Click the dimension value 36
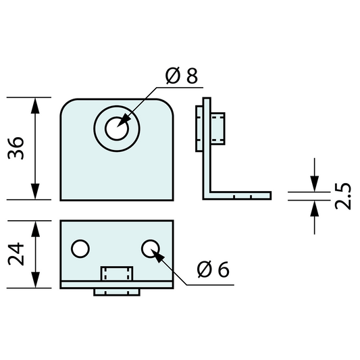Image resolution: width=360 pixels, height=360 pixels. pos(19,149)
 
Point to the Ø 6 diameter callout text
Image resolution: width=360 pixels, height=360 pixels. pos(213,269)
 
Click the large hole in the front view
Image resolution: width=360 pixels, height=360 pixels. pos(118,127)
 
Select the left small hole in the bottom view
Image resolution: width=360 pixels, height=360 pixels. pos(80,249)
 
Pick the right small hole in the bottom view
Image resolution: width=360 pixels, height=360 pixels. pos(151,249)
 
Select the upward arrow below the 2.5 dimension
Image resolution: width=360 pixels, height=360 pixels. pos(314,209)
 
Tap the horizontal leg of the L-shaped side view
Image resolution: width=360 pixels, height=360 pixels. pos(240,196)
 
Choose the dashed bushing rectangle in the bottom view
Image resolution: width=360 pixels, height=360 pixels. pos(117,274)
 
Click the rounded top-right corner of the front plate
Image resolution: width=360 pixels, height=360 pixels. pos(168,105)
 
